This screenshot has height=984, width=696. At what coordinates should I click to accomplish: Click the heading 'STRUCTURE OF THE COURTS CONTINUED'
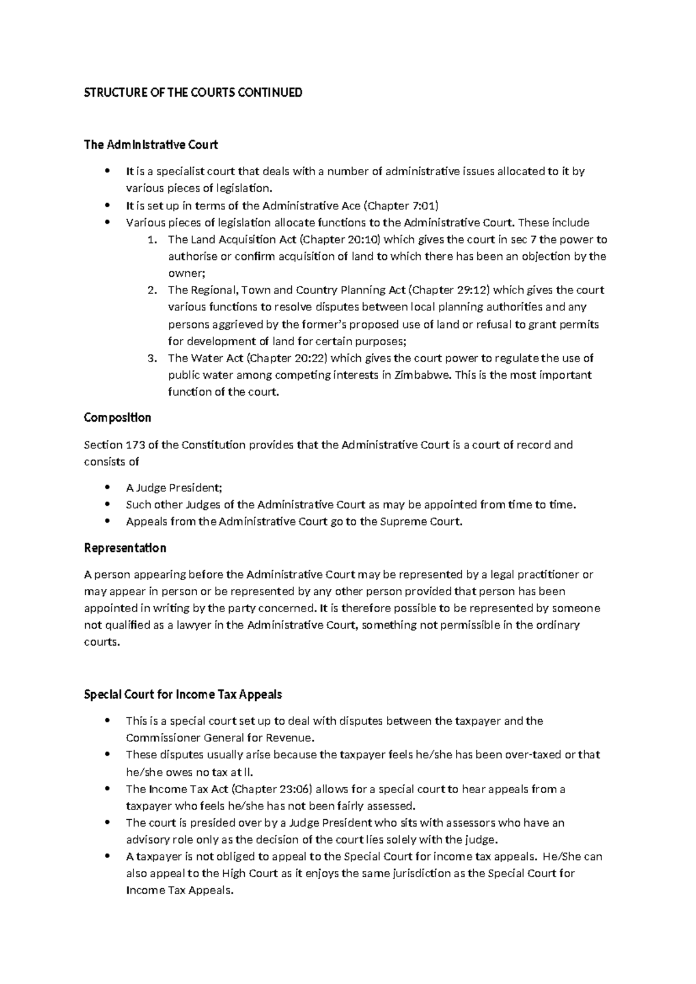point(193,93)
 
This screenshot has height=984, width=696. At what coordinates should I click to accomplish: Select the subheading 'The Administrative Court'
point(151,145)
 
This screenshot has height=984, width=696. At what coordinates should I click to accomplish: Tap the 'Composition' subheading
point(117,418)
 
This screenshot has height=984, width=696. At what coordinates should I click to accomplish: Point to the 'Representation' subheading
point(125,548)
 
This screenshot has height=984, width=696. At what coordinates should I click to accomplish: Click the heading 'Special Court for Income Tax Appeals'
point(183,694)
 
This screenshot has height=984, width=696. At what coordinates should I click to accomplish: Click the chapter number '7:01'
point(423,206)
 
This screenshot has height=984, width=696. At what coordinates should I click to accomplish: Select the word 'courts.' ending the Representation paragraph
point(101,642)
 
